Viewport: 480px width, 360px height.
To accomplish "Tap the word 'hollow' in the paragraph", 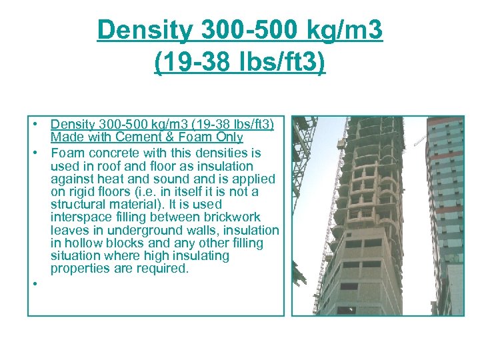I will click(x=82, y=243).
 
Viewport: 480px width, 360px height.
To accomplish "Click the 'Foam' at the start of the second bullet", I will click(x=65, y=153).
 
